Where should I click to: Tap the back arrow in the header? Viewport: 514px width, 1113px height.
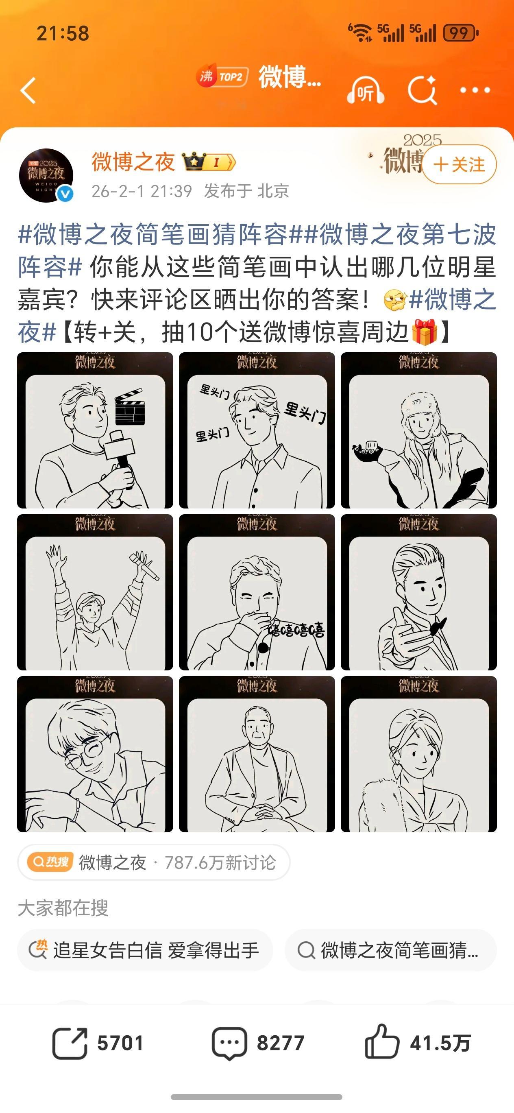(28, 90)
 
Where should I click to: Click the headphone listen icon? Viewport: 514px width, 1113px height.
(366, 90)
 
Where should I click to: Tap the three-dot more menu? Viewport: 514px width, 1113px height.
(475, 90)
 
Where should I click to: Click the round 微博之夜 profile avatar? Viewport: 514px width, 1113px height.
(46, 175)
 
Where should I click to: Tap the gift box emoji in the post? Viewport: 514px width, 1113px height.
(425, 332)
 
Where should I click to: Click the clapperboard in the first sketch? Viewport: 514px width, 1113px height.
(130, 407)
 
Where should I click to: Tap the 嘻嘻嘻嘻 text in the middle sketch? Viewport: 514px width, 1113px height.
(296, 630)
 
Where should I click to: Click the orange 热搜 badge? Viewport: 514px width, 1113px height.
(50, 862)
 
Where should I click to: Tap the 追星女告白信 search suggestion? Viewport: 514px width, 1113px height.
(145, 951)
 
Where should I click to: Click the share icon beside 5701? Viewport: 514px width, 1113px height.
(70, 1043)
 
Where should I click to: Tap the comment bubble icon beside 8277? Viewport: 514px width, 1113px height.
(229, 1043)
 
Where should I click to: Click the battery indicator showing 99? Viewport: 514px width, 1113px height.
(460, 33)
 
